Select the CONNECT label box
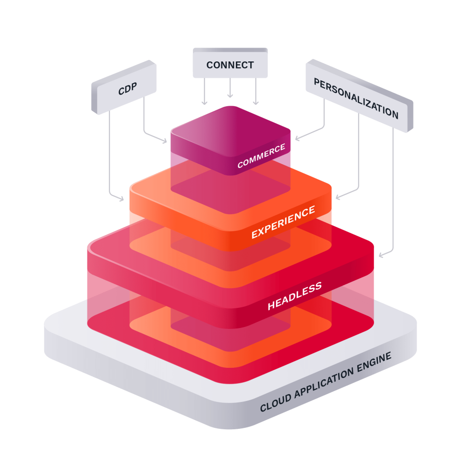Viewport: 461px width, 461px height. (x=230, y=65)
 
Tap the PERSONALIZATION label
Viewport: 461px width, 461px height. (x=356, y=98)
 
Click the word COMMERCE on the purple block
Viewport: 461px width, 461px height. (x=261, y=156)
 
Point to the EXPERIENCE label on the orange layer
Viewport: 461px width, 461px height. (x=283, y=222)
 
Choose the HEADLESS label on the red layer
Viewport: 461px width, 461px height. (x=294, y=296)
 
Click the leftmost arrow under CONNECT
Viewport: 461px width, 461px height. (x=205, y=91)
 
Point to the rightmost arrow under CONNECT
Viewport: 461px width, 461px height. (x=255, y=91)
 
